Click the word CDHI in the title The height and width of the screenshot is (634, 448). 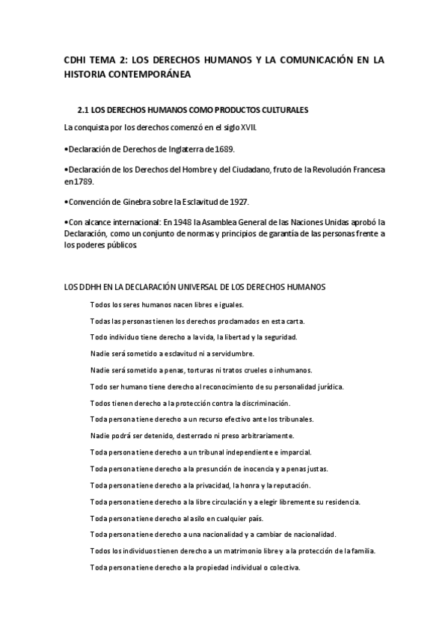tap(76, 59)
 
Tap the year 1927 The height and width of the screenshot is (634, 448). tap(237, 202)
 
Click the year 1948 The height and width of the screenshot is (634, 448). tap(185, 223)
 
